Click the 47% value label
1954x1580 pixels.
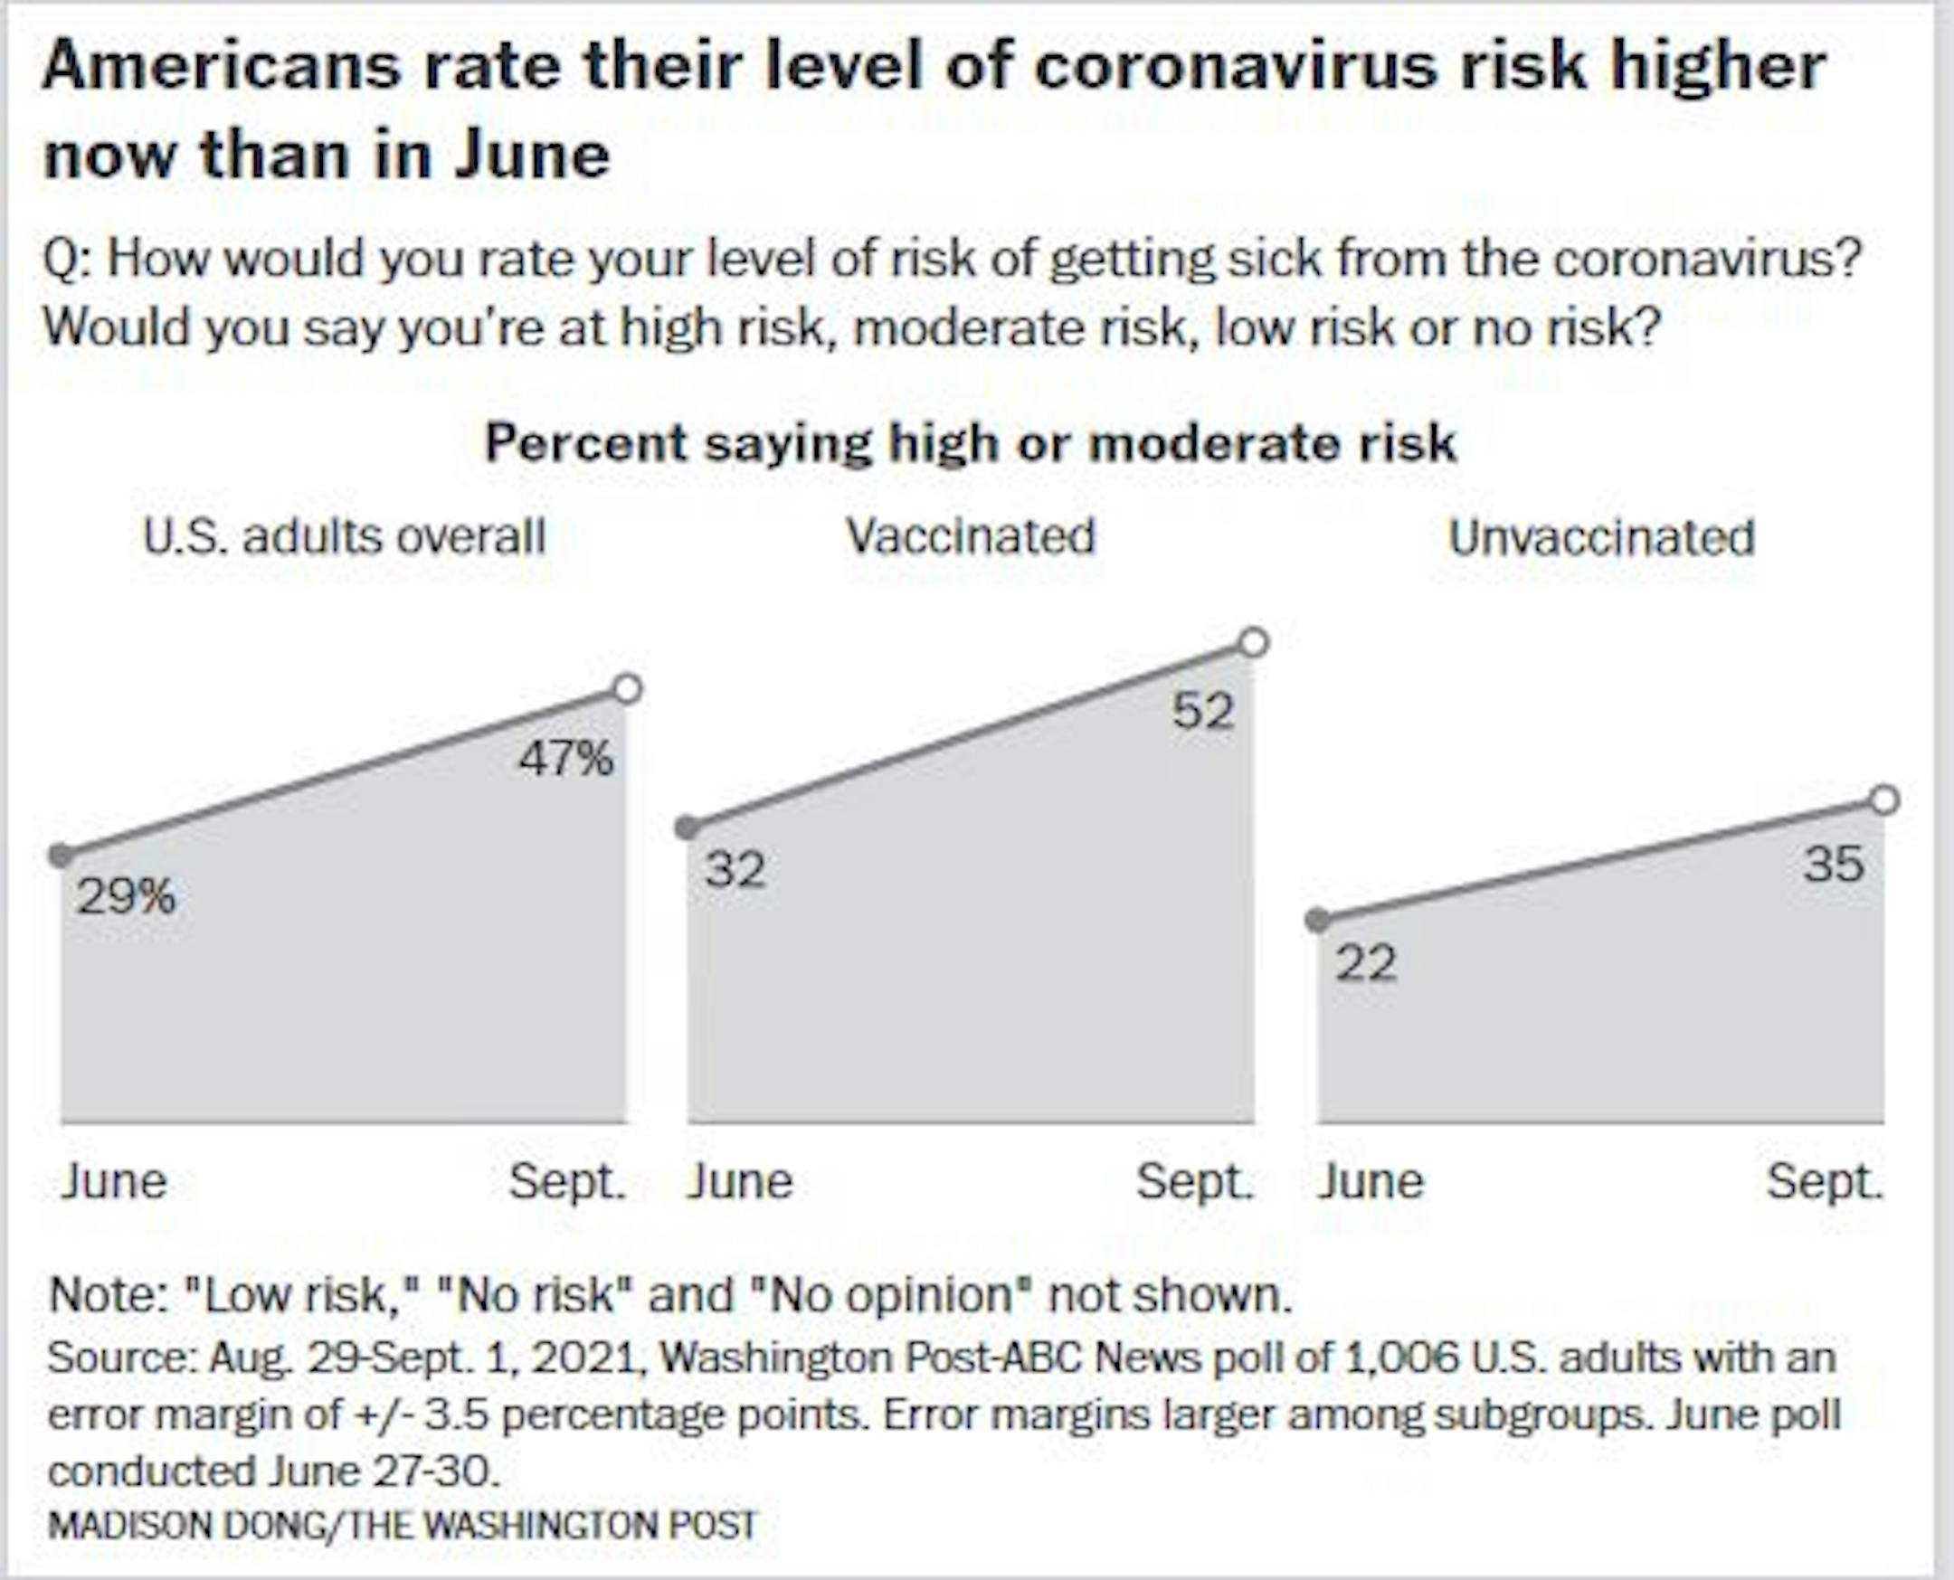pos(566,758)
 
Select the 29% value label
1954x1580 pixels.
pos(126,896)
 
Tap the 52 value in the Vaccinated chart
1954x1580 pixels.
pos(1203,711)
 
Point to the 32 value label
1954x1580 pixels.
pos(735,869)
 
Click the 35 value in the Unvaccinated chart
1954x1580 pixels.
pos(1834,863)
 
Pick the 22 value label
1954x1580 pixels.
pos(1365,963)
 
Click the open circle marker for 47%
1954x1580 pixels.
pos(627,689)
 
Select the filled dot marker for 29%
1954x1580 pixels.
pos(61,856)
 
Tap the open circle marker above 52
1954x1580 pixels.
pos(1254,642)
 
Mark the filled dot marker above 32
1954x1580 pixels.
pos(688,828)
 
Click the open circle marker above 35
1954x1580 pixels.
pos(1885,800)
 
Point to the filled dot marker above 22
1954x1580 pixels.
pos(1317,920)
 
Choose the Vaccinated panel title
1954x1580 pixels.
pos(970,536)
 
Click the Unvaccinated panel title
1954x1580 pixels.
pos(1601,537)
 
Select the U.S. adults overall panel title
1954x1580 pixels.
pos(344,536)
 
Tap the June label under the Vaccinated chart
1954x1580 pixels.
pos(739,1182)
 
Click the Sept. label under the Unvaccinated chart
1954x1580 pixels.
pos(1824,1182)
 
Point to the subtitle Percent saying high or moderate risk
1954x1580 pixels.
pos(970,443)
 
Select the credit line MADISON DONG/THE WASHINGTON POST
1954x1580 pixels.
pos(403,1525)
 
